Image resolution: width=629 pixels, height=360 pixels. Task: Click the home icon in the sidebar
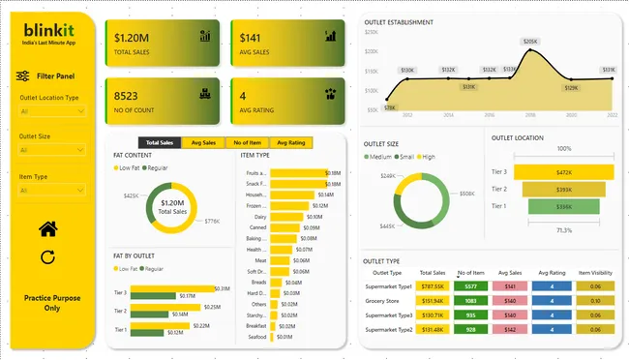pos(47,228)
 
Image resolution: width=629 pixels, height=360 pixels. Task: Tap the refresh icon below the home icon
pos(47,257)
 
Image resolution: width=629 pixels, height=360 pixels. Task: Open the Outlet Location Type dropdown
pos(51,111)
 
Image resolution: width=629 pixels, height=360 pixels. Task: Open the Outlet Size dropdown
pos(51,150)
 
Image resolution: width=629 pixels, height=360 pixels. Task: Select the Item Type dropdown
pos(51,190)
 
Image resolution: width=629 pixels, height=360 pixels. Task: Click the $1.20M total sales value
pos(132,38)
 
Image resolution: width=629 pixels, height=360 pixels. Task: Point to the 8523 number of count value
pos(127,97)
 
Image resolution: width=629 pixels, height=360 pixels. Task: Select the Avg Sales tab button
pos(202,142)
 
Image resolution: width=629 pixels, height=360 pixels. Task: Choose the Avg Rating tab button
pos(291,142)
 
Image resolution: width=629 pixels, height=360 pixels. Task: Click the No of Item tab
pos(247,142)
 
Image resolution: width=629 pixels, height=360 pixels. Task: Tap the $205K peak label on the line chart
pos(529,42)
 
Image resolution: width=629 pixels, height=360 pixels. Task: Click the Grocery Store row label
pos(389,301)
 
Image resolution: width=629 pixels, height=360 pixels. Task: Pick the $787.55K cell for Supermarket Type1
pos(433,286)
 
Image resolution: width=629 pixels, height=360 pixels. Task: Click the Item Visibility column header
pos(596,273)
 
